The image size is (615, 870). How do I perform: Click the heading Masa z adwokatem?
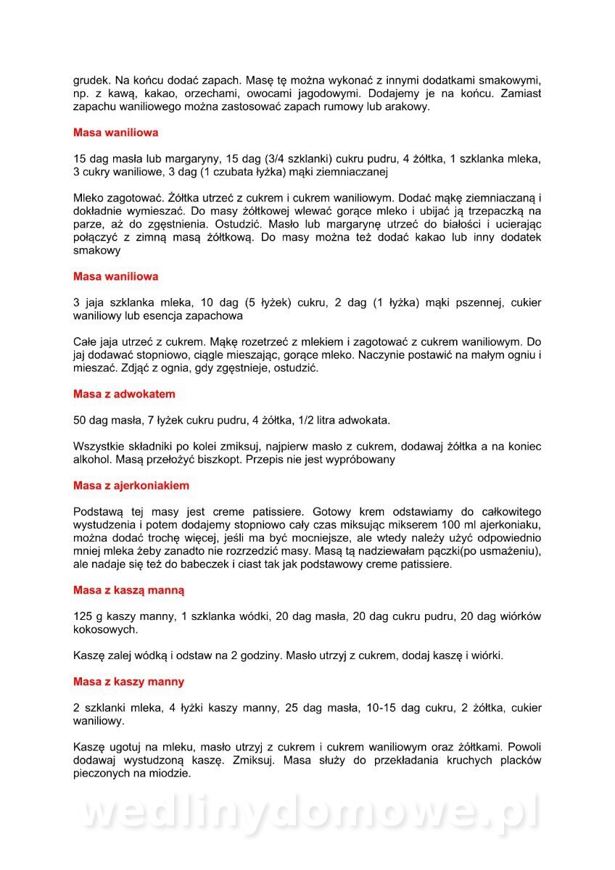pos(124,394)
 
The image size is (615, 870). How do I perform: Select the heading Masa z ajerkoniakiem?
pos(131,486)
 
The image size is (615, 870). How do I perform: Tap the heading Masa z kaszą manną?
pos(128,590)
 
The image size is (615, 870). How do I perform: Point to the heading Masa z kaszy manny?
pos(128,681)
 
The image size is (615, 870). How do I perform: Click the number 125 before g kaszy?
pos(83,616)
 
